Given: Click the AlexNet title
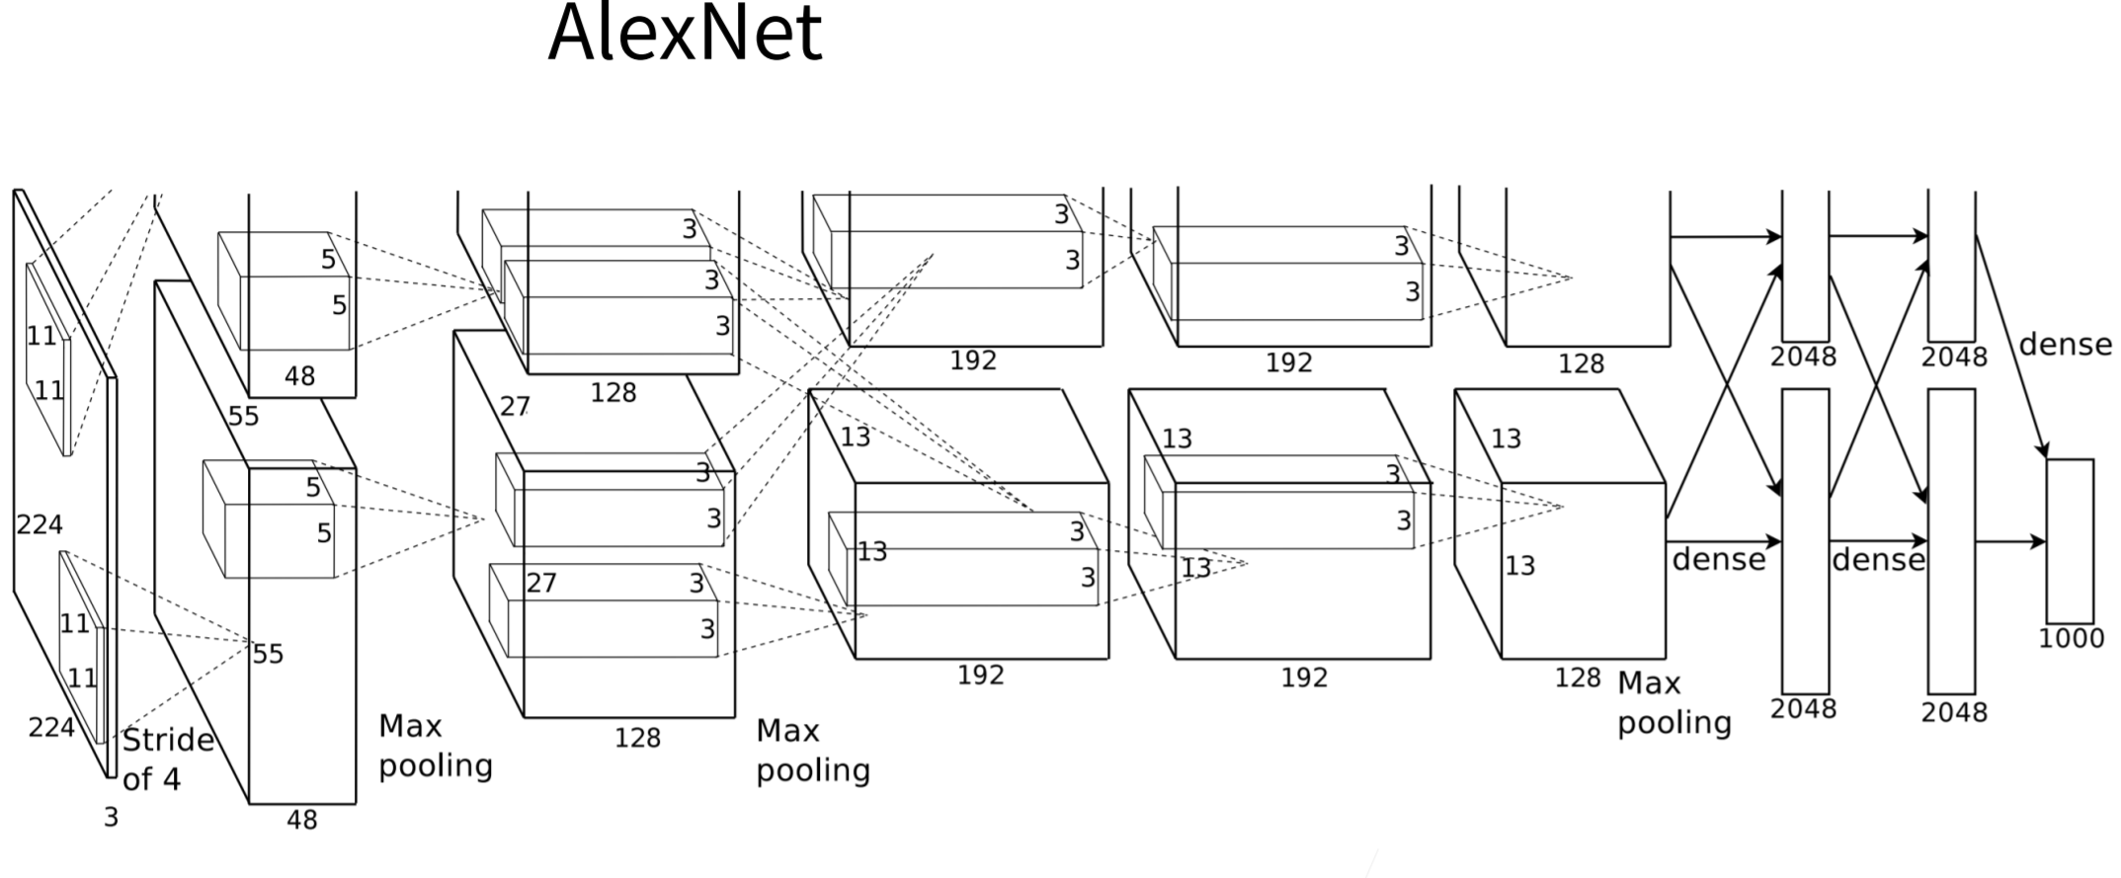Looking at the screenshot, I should pyautogui.click(x=685, y=34).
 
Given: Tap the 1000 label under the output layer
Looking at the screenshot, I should pyautogui.click(x=2071, y=639).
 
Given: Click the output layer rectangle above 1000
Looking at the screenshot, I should pyautogui.click(x=2070, y=540).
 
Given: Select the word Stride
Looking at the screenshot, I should pyautogui.click(x=168, y=740).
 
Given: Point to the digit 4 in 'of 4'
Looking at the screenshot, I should pyautogui.click(x=172, y=779).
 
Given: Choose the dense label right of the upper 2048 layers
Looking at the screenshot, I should pyautogui.click(x=2065, y=345).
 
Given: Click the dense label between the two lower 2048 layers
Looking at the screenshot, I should pyautogui.click(x=1878, y=560).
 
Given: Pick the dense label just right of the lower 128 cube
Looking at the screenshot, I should pyautogui.click(x=1718, y=560).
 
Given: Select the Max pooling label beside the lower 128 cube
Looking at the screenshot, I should pyautogui.click(x=1673, y=702).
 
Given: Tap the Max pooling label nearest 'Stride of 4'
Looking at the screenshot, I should pyautogui.click(x=435, y=746).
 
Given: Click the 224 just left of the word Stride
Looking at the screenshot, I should pyautogui.click(x=51, y=728).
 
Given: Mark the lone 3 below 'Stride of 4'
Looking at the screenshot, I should pyautogui.click(x=111, y=818).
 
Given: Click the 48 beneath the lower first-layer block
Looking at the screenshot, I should pyautogui.click(x=301, y=820).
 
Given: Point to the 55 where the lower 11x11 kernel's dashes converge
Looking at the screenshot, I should pyautogui.click(x=268, y=654).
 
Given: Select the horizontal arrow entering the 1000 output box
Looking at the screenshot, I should pyautogui.click(x=2010, y=541).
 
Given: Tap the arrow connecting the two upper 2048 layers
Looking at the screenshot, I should pyautogui.click(x=1878, y=236).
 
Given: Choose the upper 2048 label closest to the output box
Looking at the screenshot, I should pyautogui.click(x=1953, y=357).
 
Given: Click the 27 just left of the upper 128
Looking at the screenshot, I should pyautogui.click(x=515, y=406).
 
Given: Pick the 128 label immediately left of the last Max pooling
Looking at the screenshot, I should pyautogui.click(x=1577, y=678).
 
